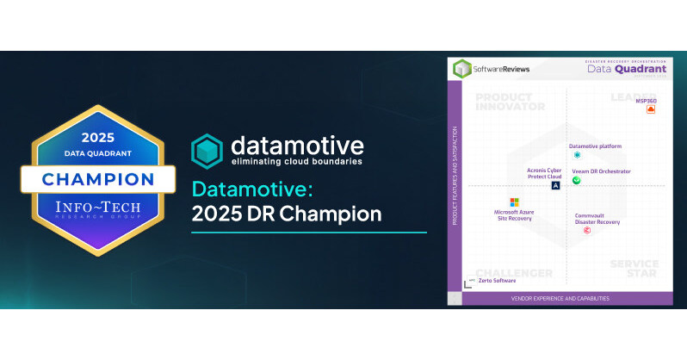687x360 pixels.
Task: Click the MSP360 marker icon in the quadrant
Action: [x=651, y=110]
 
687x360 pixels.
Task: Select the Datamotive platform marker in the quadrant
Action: [x=577, y=155]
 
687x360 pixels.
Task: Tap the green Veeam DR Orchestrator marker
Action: [x=577, y=180]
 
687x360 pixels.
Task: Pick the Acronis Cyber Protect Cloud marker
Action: [x=556, y=185]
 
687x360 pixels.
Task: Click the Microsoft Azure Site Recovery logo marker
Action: [x=513, y=202]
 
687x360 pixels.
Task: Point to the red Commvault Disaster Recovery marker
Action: [x=587, y=231]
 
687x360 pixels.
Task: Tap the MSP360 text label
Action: [x=646, y=101]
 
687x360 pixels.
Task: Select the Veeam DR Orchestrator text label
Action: [x=601, y=171]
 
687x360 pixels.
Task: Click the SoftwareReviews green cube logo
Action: [x=462, y=68]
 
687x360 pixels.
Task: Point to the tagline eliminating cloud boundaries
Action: [x=294, y=161]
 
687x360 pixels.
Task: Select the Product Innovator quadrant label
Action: [x=510, y=102]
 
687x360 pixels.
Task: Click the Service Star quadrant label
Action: [x=633, y=270]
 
